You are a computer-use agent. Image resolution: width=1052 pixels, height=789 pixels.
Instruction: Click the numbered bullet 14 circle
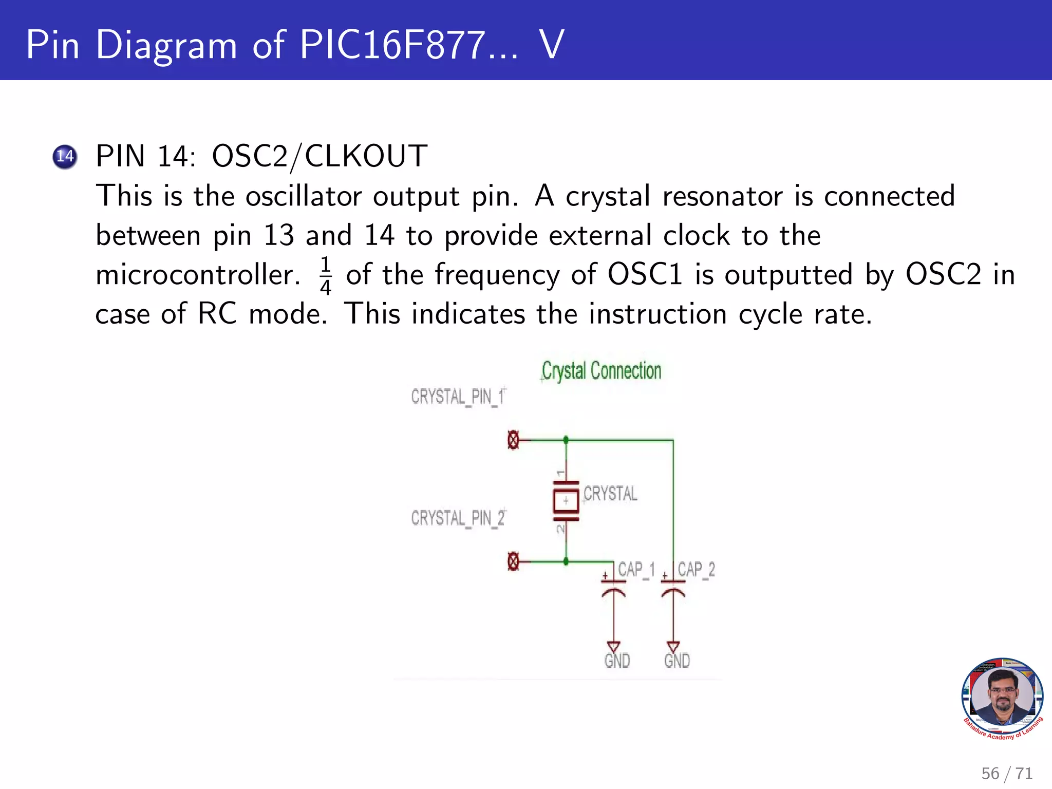(65, 156)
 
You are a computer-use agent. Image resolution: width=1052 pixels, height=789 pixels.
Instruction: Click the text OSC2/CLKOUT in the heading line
(319, 156)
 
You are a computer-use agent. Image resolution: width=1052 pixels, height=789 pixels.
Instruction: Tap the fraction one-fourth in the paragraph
(325, 275)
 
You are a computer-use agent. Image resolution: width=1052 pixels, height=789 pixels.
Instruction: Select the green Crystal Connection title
(601, 371)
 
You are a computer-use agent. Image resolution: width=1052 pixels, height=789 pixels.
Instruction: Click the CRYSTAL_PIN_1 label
(458, 397)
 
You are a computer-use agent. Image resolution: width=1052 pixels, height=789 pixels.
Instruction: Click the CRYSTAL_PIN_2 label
(458, 518)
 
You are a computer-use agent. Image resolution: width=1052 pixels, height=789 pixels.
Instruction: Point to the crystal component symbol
(566, 501)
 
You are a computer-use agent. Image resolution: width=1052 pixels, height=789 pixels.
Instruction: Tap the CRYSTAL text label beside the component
(610, 494)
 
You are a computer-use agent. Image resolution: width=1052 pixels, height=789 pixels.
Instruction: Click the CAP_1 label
(636, 570)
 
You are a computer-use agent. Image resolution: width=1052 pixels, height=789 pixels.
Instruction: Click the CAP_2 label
(696, 570)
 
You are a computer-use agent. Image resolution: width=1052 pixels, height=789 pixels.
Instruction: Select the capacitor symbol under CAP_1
(613, 588)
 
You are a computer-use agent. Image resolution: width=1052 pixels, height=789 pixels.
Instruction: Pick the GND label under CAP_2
(677, 661)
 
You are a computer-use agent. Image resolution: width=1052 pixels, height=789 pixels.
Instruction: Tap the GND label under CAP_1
(617, 661)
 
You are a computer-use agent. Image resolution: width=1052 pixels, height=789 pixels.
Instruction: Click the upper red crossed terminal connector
(513, 440)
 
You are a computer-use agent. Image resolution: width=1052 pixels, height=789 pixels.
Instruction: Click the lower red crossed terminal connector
(513, 561)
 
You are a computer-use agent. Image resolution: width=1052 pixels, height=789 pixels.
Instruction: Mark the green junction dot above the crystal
(566, 440)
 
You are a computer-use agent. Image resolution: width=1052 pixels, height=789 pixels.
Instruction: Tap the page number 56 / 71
(1006, 773)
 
